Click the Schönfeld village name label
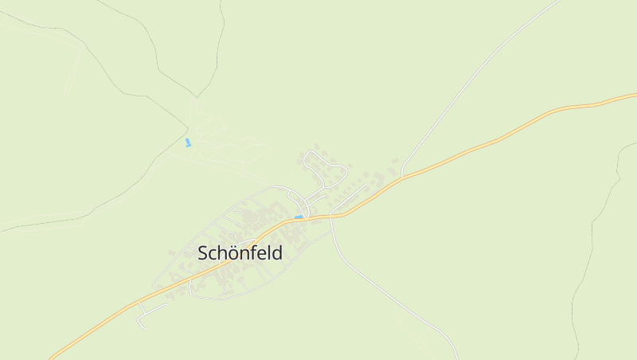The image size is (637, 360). [x=240, y=253]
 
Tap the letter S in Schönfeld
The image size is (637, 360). [x=202, y=254]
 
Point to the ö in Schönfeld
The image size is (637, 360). [x=232, y=253]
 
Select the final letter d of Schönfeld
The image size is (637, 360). [x=277, y=253]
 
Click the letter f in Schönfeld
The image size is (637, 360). [x=254, y=253]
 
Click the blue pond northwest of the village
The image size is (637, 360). [x=188, y=143]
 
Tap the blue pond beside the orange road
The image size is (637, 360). [x=299, y=216]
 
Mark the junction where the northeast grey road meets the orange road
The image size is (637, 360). [x=403, y=176]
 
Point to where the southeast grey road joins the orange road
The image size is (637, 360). [x=331, y=215]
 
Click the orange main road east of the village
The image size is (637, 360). [x=510, y=135]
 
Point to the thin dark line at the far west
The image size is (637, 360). [x=48, y=221]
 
